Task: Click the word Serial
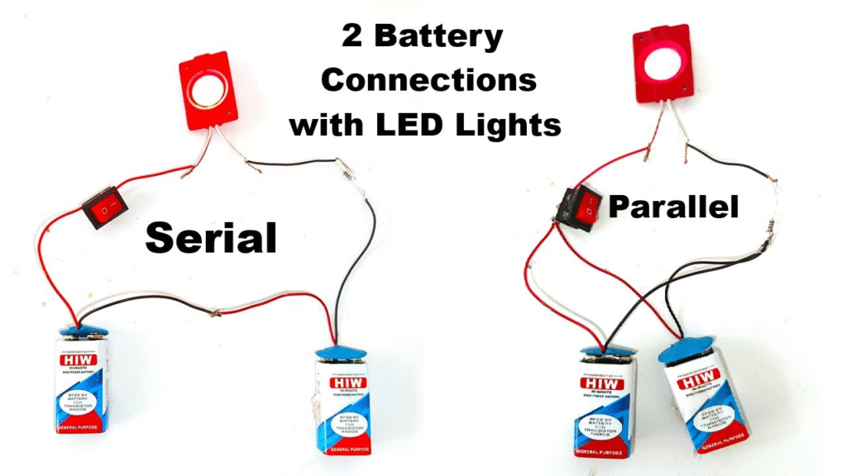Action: pos(210,238)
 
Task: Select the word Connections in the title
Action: pos(428,81)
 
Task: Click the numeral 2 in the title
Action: pos(355,38)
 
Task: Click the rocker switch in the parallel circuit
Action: pos(579,207)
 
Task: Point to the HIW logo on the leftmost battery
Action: pos(78,360)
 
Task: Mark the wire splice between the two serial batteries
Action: pos(216,312)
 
